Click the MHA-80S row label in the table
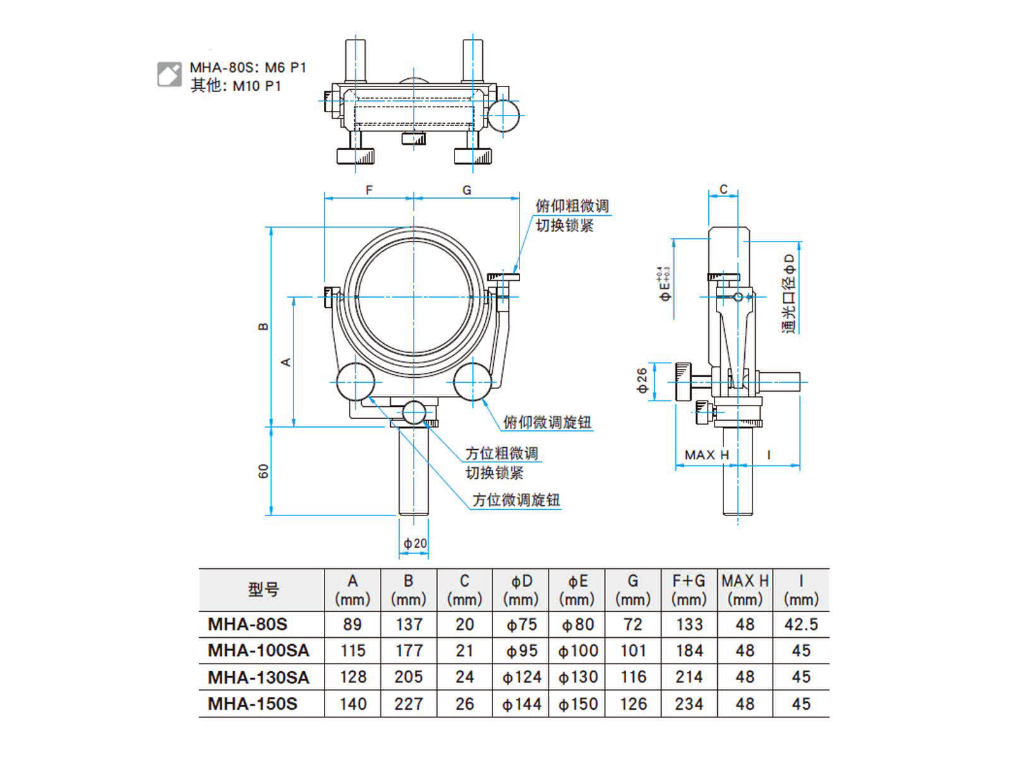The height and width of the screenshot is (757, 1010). pos(247,625)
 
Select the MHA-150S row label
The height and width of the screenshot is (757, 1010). pos(252,704)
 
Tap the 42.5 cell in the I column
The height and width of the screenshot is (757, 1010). pos(800,625)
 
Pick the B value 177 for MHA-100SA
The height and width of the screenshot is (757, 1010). pos(408,650)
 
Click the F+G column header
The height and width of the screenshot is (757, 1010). pos(689,589)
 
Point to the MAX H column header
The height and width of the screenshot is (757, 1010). pos(745,589)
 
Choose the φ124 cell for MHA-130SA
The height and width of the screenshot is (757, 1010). pos(521,678)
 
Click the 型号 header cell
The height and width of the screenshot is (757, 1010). pos(263,590)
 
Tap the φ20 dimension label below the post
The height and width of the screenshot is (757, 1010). pos(415,543)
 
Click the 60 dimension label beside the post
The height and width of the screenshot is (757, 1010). pos(263,471)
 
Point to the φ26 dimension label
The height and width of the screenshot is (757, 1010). pos(642,381)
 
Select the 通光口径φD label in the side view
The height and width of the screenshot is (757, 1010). pos(789,294)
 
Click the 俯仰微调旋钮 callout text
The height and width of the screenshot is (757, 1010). pos(547,422)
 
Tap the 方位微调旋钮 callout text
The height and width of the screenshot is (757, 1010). pos(516,500)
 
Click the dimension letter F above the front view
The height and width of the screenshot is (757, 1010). pos(369,190)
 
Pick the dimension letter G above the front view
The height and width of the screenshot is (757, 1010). pos(466,190)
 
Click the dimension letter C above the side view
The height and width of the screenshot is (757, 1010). pos(723,189)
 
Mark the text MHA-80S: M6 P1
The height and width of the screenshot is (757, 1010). pos(247,67)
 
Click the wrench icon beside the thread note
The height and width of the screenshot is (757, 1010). pos(169,74)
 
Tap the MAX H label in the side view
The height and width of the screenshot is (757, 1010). pos(706,455)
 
